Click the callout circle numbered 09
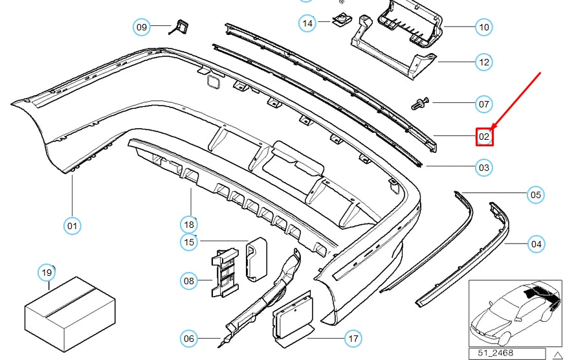tap(142, 27)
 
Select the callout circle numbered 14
tap(307, 23)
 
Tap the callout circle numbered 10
tap(484, 27)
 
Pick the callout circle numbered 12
tap(484, 62)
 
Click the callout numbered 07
tap(484, 104)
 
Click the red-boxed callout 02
tap(484, 137)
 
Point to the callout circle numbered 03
tap(484, 167)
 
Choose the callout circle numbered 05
tap(536, 195)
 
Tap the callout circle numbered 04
tap(536, 244)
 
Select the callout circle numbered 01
tap(72, 226)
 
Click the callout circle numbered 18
tap(189, 225)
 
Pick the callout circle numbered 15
tap(189, 242)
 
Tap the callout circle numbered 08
tap(189, 281)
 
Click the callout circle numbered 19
tap(47, 273)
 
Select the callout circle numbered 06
tap(189, 339)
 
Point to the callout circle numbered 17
tap(353, 339)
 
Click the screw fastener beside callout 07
tap(420, 104)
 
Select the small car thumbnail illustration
tap(515, 313)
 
